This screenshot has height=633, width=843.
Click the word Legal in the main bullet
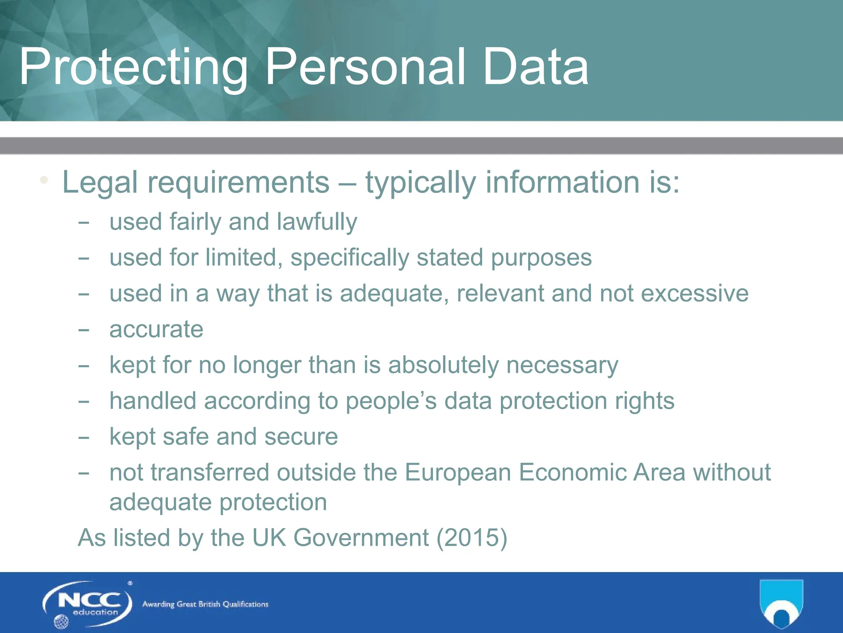click(100, 183)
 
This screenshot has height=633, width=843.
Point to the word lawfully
click(317, 223)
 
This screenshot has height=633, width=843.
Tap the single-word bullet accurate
click(156, 330)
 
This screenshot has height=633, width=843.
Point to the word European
click(458, 473)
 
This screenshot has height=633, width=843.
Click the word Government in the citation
click(361, 538)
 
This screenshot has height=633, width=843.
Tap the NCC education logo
click(87, 604)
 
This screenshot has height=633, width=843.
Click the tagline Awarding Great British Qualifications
click(205, 605)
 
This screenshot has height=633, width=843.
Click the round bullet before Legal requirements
click(44, 181)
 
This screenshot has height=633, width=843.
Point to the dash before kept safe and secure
click(84, 438)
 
